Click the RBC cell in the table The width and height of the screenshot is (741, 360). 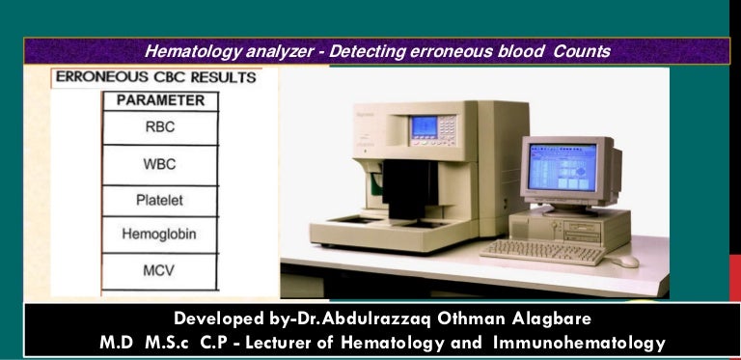pyautogui.click(x=159, y=127)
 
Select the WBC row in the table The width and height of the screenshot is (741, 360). pyautogui.click(x=159, y=164)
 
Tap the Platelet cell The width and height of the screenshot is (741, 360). pyautogui.click(x=159, y=201)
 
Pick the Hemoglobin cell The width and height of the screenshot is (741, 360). pyautogui.click(x=159, y=235)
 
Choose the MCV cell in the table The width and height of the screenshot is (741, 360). pyautogui.click(x=159, y=270)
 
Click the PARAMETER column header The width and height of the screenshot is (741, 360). pyautogui.click(x=160, y=100)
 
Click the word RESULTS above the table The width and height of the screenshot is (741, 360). pyautogui.click(x=223, y=77)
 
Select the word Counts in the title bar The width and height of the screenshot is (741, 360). pyautogui.click(x=583, y=50)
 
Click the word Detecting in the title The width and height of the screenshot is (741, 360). pyautogui.click(x=370, y=50)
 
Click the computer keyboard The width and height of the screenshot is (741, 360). pyautogui.click(x=542, y=252)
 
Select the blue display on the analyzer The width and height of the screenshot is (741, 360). pyautogui.click(x=425, y=128)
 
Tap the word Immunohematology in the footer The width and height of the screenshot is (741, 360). pyautogui.click(x=577, y=342)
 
